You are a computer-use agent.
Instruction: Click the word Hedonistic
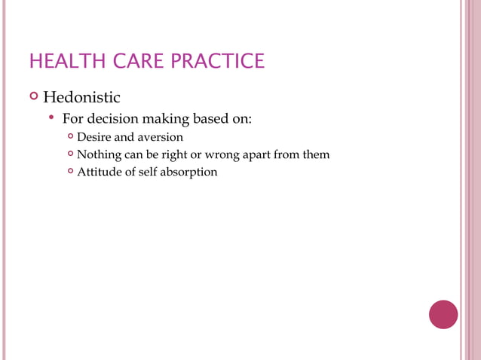(81, 97)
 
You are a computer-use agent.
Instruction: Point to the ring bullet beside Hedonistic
(32, 96)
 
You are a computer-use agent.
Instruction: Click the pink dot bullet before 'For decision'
(51, 118)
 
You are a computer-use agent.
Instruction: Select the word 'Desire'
(93, 137)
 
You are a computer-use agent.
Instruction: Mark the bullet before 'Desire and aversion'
(70, 137)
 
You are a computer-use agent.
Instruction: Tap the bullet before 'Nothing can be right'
(70, 154)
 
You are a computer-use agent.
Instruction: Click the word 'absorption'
(191, 172)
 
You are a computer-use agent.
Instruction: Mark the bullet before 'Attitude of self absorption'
(70, 172)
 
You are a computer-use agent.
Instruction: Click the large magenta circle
(443, 314)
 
